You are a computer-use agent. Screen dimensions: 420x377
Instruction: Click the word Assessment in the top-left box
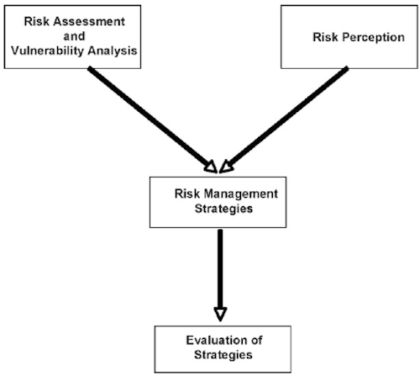point(89,22)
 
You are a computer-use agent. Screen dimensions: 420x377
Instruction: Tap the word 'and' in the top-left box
point(74,36)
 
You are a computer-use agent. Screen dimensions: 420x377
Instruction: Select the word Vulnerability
point(48,50)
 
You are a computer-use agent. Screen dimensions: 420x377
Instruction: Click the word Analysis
point(113,51)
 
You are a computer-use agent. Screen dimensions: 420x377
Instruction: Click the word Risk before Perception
point(325,37)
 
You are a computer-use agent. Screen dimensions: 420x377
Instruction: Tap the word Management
point(241,194)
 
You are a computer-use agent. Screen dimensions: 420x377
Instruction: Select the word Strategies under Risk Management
point(223,209)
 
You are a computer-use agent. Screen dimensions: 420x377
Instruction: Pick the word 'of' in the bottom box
point(256,340)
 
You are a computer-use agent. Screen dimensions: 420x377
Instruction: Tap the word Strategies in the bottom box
point(223,355)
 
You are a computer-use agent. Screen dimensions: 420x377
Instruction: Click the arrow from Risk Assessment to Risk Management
point(153,119)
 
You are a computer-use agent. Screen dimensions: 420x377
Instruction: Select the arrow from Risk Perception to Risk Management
point(284,119)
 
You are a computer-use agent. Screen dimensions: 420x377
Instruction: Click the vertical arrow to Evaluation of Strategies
point(220,275)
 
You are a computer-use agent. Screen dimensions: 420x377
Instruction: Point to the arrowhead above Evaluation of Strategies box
point(220,314)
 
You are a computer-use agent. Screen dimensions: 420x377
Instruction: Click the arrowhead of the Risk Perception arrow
point(226,167)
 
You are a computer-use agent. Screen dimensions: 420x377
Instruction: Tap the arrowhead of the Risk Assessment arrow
point(211,167)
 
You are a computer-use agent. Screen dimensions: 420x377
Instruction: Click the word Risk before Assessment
point(37,22)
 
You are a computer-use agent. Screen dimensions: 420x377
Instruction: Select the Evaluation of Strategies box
point(223,349)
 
